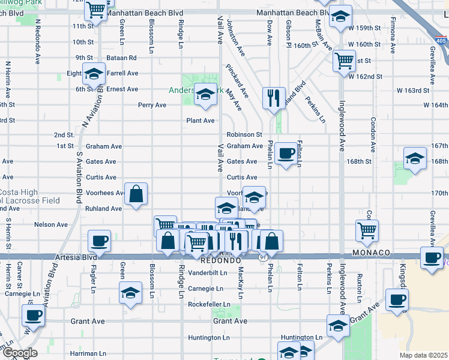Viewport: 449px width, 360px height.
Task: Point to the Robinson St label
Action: pos(244,135)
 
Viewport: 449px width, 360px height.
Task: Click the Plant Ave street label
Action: pos(200,121)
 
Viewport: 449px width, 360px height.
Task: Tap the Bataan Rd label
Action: pos(122,58)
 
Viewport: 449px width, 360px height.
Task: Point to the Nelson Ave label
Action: pos(52,224)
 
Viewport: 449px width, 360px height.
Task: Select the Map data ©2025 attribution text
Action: pos(423,355)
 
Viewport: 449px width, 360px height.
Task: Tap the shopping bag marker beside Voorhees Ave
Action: pos(136,193)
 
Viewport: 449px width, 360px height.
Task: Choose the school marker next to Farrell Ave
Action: pos(93,74)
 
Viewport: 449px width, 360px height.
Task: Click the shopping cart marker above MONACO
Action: pos(366,229)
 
